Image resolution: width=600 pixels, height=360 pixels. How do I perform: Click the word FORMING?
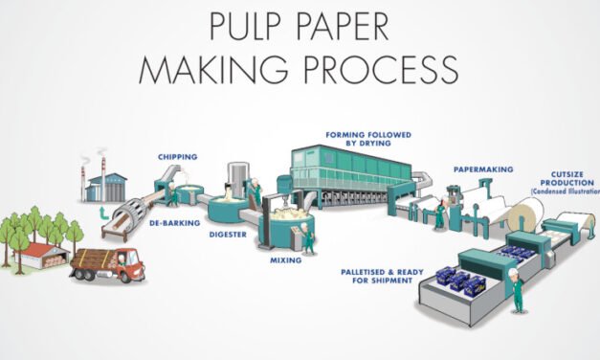coord(347,134)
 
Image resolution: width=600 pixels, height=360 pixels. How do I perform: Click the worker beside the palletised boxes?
coord(517,290)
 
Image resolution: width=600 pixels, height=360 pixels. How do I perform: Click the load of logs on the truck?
coord(92,257)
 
